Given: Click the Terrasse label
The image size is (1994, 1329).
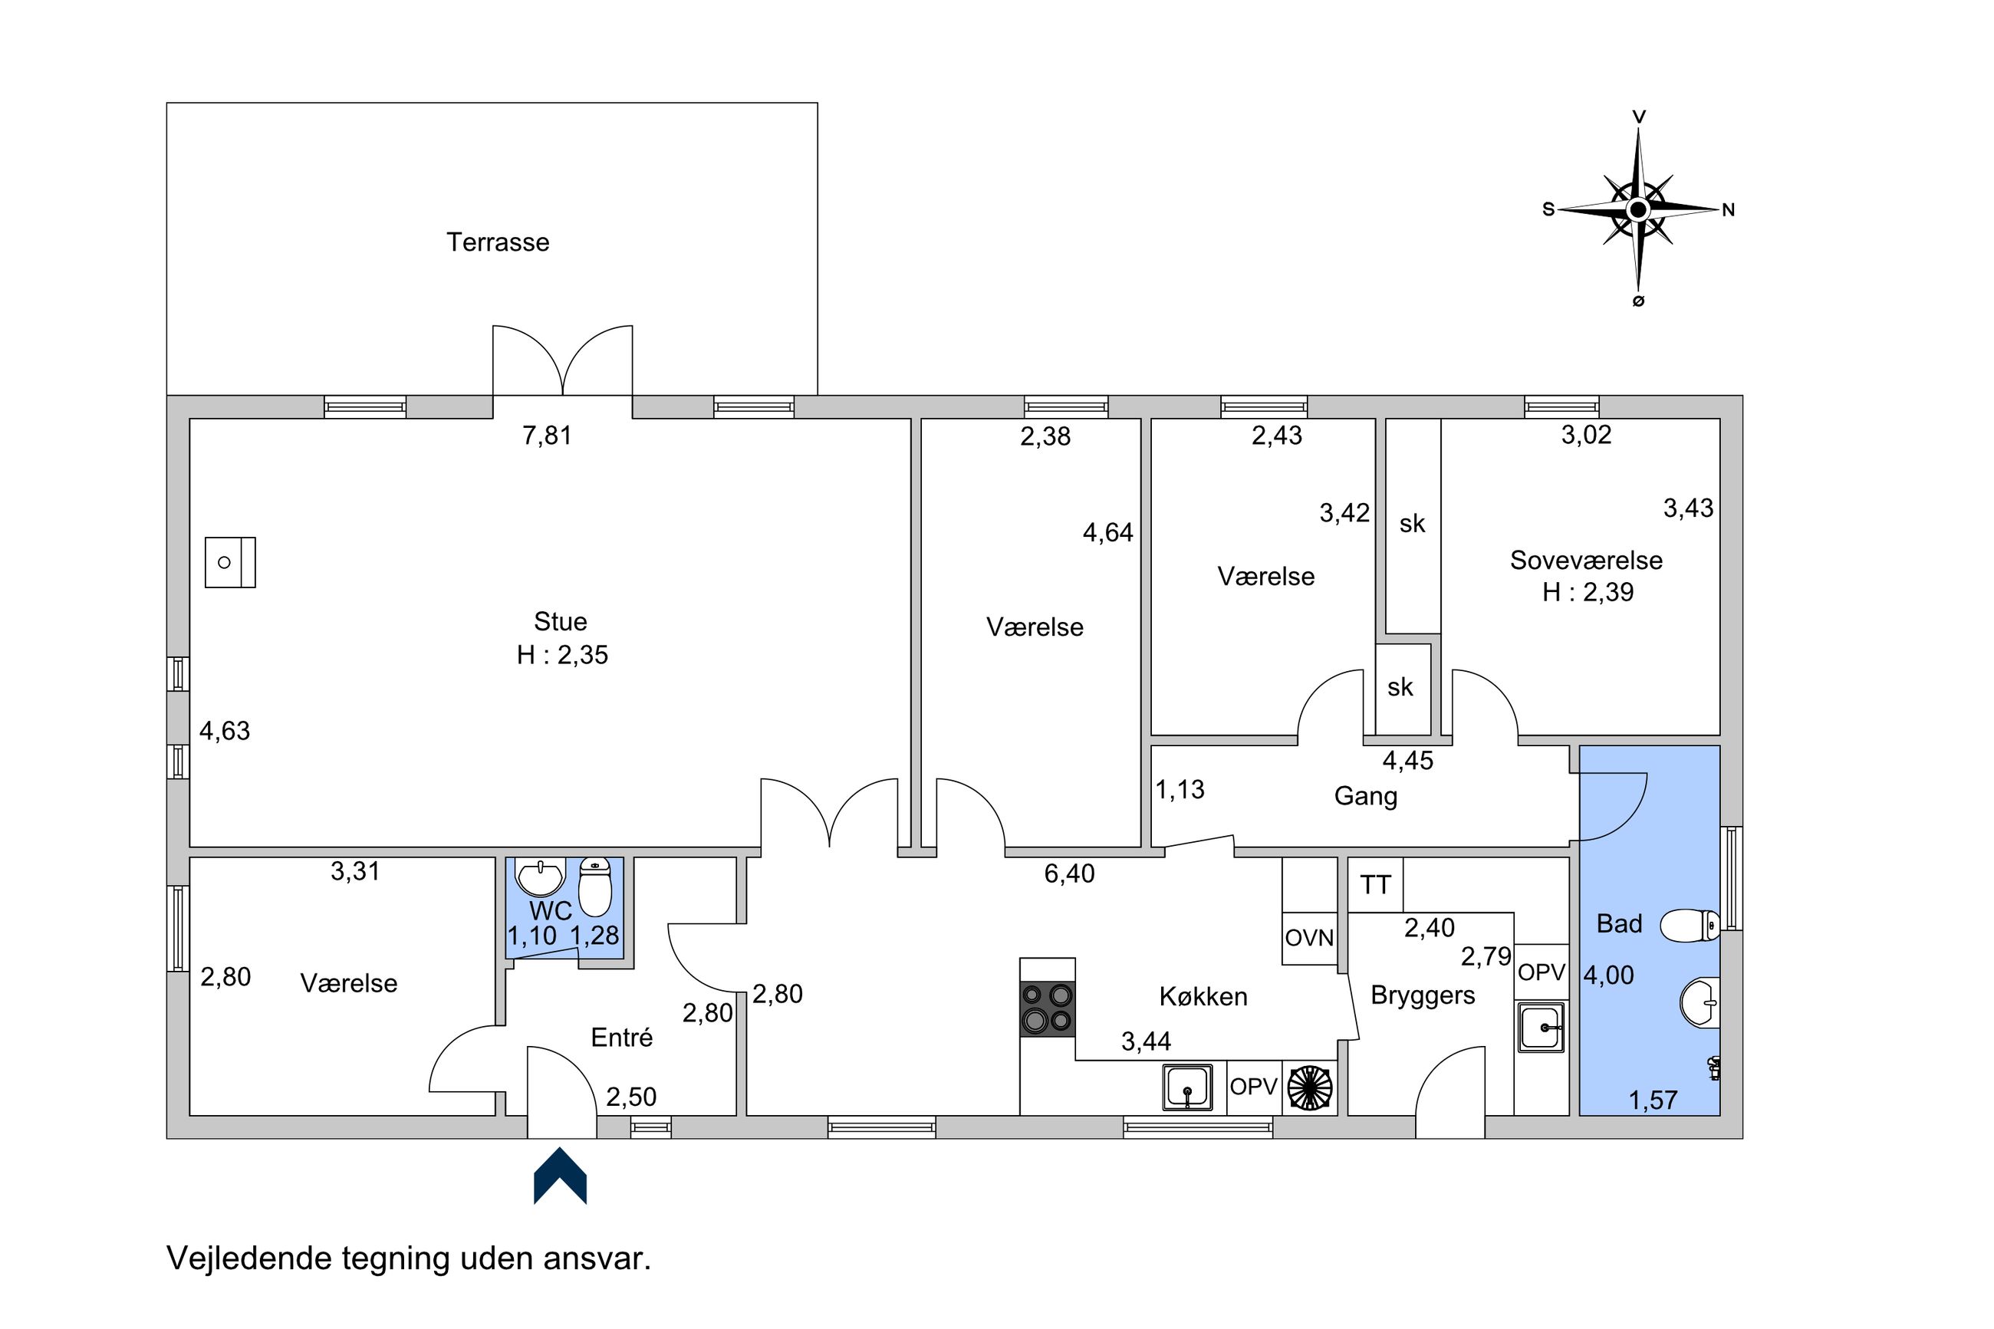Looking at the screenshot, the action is point(498,242).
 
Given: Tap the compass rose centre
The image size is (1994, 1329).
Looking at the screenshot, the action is point(1637,209).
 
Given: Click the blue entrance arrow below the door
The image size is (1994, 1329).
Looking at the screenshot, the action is point(559,1175).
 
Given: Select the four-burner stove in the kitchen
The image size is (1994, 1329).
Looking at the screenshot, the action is point(1048,1008).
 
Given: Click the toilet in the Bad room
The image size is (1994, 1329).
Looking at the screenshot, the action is point(1689,926).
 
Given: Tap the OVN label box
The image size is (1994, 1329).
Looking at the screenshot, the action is point(1309,938).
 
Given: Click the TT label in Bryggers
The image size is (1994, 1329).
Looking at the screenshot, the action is point(1374,885).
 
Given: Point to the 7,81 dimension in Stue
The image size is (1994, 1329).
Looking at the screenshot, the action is point(547,436).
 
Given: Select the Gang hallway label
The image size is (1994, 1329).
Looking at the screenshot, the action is point(1365,796).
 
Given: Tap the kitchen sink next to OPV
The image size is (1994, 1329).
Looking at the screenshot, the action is point(1186,1087).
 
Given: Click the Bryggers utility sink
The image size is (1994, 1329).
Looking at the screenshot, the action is point(1541,1028).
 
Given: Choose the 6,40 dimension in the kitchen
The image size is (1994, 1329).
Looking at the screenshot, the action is point(1068,873).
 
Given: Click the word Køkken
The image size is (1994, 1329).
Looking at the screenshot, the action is point(1203,996).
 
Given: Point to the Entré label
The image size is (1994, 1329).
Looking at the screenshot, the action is point(621,1038).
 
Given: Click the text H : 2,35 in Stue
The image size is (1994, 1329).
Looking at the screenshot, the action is point(562,654).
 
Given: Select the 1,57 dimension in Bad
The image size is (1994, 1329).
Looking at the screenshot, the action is point(1653,1100).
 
